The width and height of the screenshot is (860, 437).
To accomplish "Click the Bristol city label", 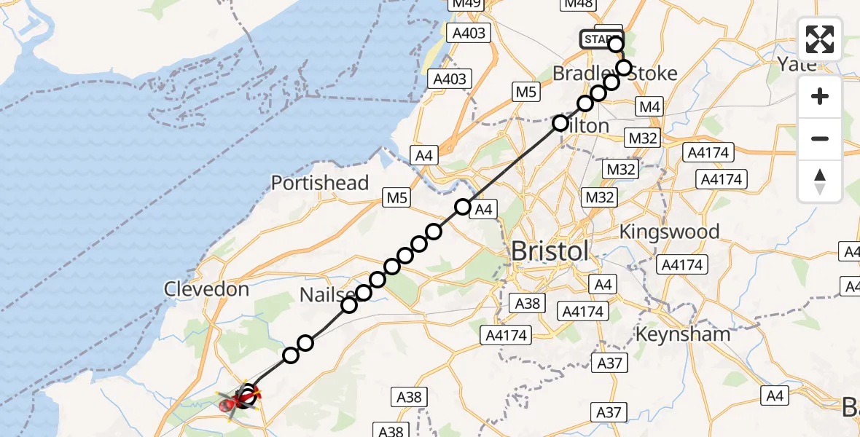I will tap(550, 251).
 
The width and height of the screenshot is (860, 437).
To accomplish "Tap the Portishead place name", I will tap(321, 183).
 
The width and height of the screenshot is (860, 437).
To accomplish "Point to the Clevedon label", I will tap(206, 289).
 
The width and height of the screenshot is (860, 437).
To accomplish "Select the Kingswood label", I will tap(669, 232).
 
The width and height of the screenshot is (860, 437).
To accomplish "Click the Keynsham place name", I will tap(683, 334).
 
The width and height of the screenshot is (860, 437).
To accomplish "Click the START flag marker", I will tap(600, 39).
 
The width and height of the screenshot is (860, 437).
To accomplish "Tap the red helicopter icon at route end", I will tap(229, 402).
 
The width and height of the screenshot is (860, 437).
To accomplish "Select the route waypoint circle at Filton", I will tap(560, 123).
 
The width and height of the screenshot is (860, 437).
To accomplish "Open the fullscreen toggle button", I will tap(820, 39).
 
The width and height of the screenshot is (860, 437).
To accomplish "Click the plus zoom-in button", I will tap(820, 96).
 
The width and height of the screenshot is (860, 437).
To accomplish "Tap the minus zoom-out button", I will tap(820, 138).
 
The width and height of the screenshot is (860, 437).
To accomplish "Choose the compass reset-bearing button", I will tap(820, 181).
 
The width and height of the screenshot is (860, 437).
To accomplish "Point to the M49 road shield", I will tap(467, 5).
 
